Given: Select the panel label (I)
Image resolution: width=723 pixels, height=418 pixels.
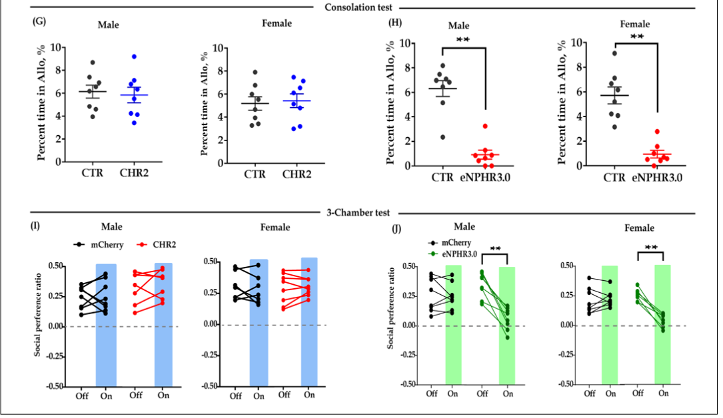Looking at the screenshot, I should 37,226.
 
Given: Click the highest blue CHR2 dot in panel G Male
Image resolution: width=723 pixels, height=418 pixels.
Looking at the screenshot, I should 134,57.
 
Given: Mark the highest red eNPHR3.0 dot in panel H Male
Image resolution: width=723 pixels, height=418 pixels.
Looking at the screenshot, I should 486,126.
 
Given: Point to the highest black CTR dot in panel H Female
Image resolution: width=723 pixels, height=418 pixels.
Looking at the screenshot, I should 614,53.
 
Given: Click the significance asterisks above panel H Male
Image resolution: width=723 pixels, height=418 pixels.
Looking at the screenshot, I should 464,40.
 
